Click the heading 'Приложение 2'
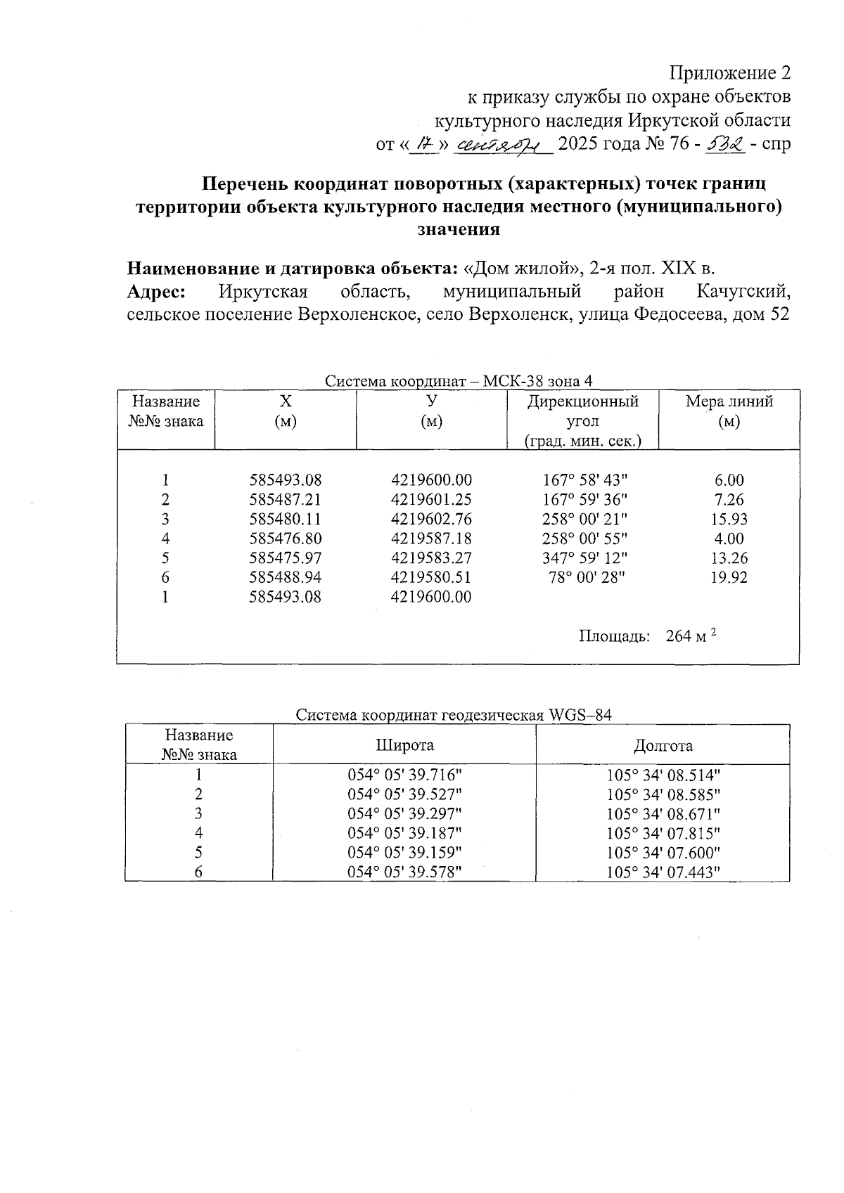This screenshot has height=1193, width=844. (x=729, y=73)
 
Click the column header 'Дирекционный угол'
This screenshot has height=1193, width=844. (x=583, y=411)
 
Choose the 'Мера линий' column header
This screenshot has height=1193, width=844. (x=729, y=411)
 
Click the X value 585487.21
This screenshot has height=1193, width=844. (x=285, y=500)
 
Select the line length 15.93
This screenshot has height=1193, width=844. (x=729, y=520)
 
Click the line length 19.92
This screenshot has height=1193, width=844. (x=729, y=578)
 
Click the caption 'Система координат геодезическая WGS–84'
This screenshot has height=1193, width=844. (x=454, y=716)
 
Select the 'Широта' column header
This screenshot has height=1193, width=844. (x=404, y=745)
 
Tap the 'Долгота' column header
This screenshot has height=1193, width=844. (x=663, y=745)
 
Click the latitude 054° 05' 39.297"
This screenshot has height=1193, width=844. (x=405, y=814)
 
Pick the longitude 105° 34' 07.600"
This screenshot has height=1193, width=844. (x=663, y=853)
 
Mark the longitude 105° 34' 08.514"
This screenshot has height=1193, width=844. (x=663, y=775)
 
